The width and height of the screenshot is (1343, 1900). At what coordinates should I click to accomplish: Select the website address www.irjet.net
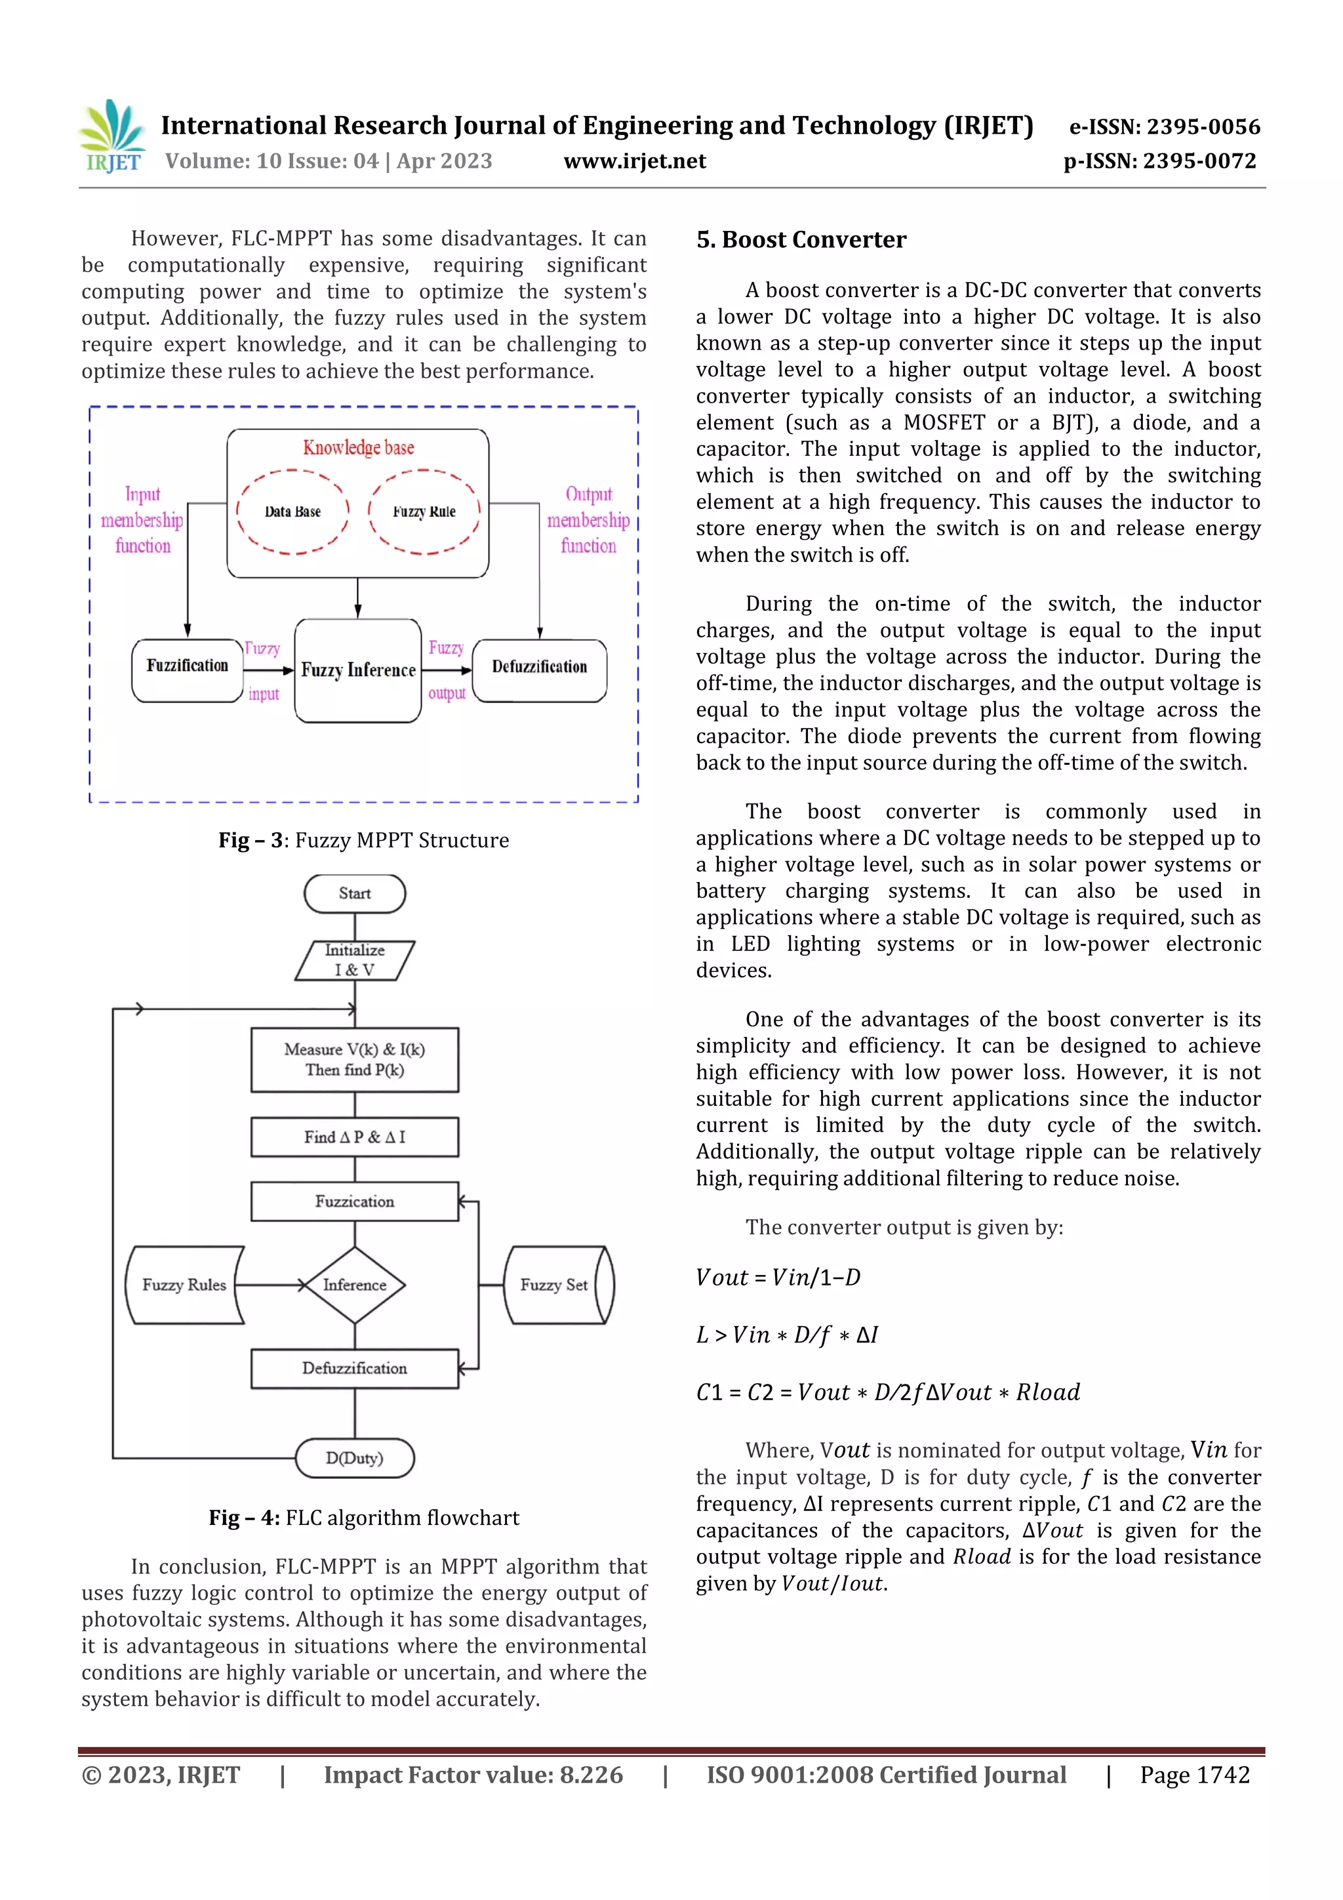click(635, 161)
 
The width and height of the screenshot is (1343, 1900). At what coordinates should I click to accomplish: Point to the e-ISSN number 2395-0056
click(1164, 127)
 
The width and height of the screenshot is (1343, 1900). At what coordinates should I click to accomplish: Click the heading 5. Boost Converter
click(801, 240)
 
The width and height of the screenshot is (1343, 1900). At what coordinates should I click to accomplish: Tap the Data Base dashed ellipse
click(293, 512)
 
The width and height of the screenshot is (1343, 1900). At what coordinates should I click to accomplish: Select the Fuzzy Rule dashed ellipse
click(424, 512)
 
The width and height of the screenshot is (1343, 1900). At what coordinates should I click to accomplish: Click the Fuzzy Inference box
click(358, 670)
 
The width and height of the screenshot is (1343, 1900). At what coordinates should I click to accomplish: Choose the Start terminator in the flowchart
click(355, 894)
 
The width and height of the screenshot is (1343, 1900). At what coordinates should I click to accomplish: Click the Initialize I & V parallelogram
click(355, 960)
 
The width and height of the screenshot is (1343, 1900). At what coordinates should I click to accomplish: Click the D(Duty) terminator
click(355, 1457)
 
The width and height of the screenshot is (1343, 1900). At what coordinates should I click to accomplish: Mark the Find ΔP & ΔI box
click(355, 1137)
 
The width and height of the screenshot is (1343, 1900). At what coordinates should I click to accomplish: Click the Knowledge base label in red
click(358, 448)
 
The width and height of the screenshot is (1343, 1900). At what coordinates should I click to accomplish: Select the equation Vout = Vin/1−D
click(778, 1278)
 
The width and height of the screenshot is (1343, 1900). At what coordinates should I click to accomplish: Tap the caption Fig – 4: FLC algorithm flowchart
click(364, 1518)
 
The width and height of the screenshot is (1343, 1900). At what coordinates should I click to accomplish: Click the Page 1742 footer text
click(1194, 1775)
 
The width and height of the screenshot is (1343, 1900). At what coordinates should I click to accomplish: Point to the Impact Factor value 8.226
click(473, 1775)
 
